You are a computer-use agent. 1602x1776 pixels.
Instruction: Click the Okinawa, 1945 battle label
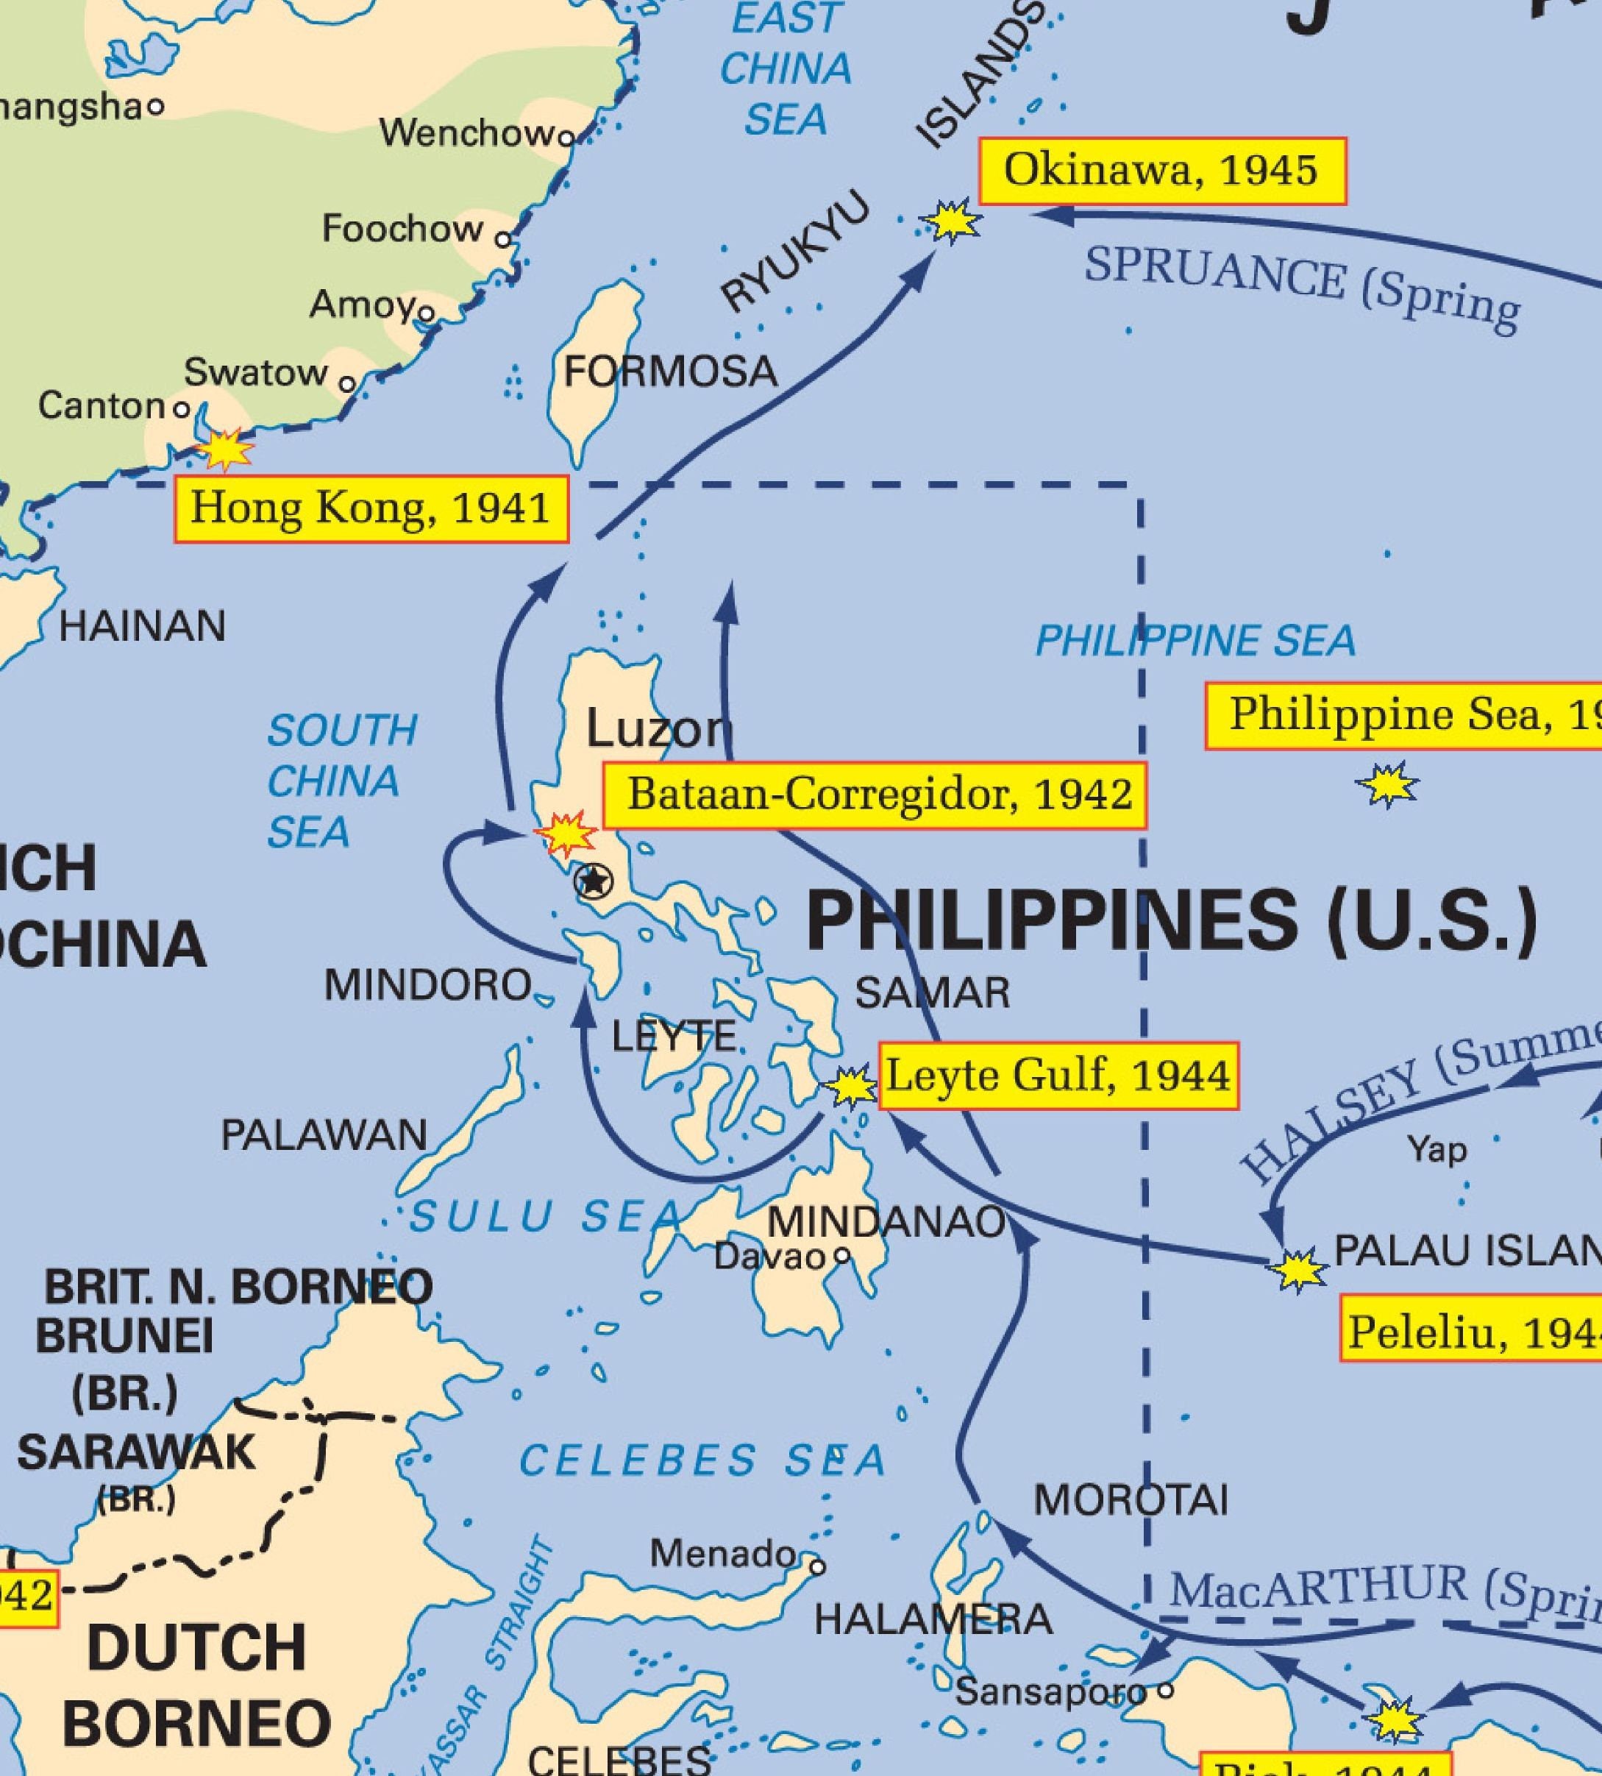(1162, 171)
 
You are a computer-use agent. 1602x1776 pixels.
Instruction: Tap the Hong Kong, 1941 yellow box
(371, 510)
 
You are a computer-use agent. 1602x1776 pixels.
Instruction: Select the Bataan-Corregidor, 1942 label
(874, 796)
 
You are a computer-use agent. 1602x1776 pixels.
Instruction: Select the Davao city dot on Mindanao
(841, 1256)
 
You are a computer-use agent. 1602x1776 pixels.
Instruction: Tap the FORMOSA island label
(671, 372)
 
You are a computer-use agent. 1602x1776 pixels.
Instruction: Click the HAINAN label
(143, 627)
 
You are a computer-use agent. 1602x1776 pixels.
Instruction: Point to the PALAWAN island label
(324, 1136)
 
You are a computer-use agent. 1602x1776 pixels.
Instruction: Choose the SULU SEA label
(546, 1217)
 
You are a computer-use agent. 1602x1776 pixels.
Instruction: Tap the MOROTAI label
(1131, 1499)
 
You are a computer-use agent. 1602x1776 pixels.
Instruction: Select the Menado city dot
(818, 1567)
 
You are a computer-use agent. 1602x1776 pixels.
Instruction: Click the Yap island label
(1437, 1149)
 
